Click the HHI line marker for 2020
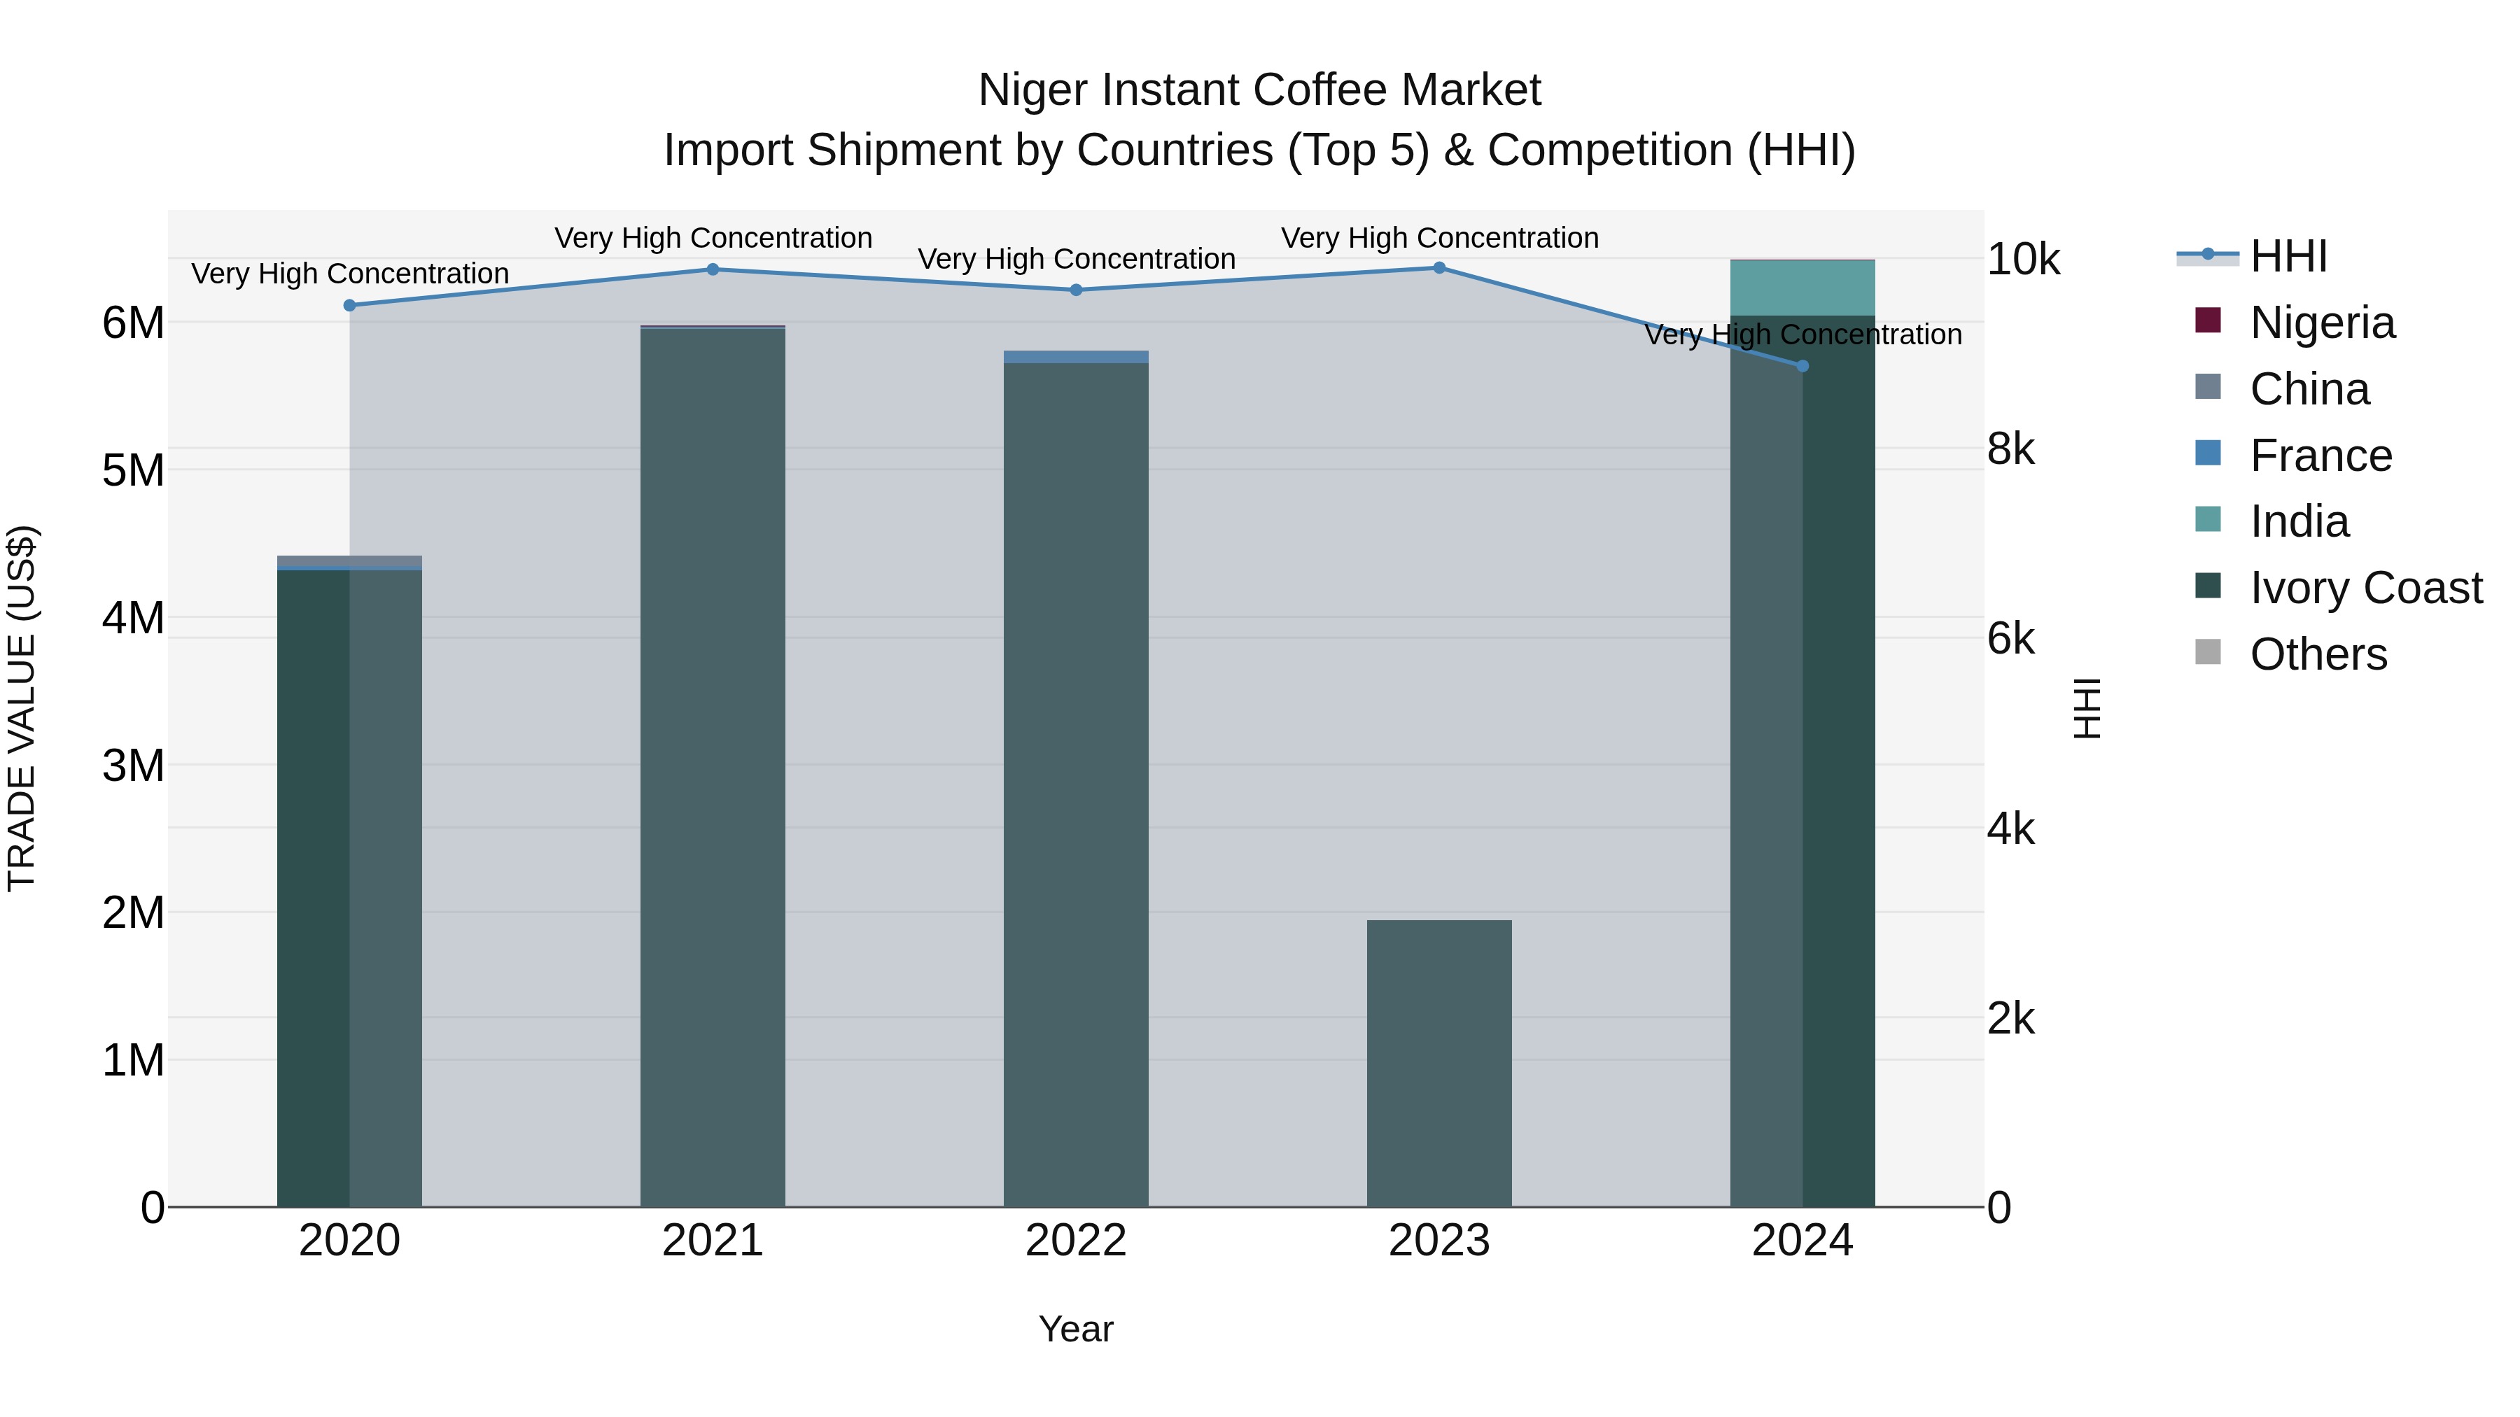pyautogui.click(x=349, y=305)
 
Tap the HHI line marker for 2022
pyautogui.click(x=1076, y=290)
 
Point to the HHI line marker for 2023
pyautogui.click(x=1439, y=267)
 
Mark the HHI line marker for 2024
pyautogui.click(x=1803, y=366)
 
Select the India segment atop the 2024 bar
pyautogui.click(x=1803, y=288)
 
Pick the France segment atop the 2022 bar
pyautogui.click(x=1076, y=357)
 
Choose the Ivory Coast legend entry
pyautogui.click(x=2365, y=588)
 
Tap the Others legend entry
pyautogui.click(x=2318, y=654)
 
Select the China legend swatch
pyautogui.click(x=2208, y=387)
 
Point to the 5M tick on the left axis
pyautogui.click(x=133, y=470)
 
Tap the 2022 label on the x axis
pyautogui.click(x=1076, y=1241)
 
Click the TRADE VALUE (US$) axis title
pyautogui.click(x=22, y=708)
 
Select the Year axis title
pyautogui.click(x=1076, y=1329)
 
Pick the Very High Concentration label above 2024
pyautogui.click(x=1803, y=334)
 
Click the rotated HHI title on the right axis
pyautogui.click(x=2087, y=708)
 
